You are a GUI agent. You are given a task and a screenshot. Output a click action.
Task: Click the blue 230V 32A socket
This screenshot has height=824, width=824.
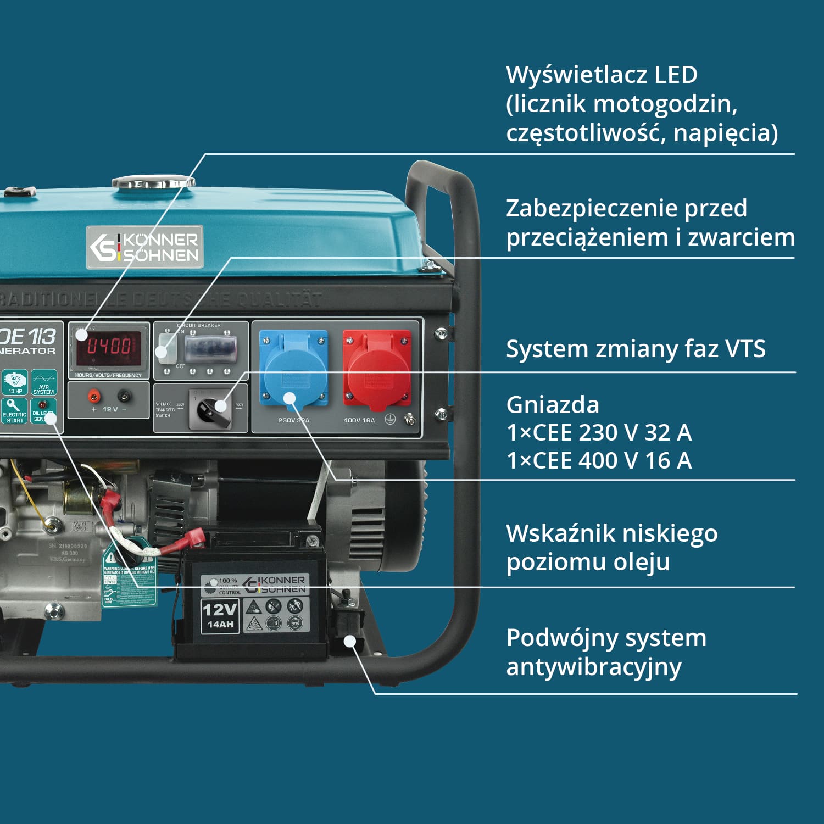(293, 368)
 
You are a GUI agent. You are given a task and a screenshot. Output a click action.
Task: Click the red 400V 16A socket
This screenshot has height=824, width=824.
(377, 368)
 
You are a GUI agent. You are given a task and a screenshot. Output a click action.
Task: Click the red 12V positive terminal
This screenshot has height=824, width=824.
(94, 395)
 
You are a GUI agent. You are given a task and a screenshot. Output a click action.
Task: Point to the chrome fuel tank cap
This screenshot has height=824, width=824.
(153, 182)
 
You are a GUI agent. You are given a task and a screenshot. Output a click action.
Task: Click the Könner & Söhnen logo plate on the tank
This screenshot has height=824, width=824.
(145, 247)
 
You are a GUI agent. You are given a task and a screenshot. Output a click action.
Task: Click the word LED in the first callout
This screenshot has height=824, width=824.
(675, 75)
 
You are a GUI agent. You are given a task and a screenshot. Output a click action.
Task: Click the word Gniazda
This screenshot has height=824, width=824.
(552, 405)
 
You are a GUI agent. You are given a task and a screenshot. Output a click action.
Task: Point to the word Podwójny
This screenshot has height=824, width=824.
(560, 638)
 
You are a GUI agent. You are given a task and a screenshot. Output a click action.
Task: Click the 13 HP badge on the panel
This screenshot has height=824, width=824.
(15, 382)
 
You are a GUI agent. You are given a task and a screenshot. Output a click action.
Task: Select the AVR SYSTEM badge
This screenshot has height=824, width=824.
(44, 382)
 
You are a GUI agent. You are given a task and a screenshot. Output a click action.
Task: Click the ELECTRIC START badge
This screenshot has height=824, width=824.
(14, 411)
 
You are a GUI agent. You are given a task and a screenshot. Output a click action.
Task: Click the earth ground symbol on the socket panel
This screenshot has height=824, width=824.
(390, 420)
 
